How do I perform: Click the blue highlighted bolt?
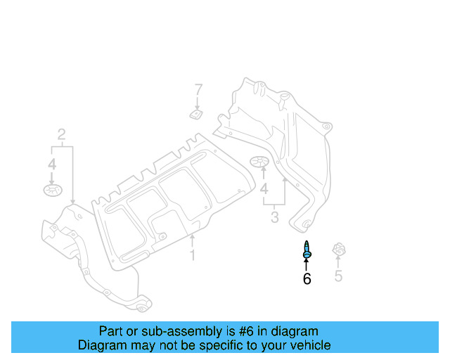(307, 249)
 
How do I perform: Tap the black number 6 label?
(307, 279)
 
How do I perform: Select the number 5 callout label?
(338, 276)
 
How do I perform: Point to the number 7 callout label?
(198, 90)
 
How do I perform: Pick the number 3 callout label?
(276, 217)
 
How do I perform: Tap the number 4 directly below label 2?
(51, 164)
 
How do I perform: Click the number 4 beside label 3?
(264, 190)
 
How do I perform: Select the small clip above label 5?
(339, 250)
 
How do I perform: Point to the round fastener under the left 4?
(51, 190)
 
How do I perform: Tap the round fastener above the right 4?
(261, 163)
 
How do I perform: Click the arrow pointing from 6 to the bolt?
(307, 264)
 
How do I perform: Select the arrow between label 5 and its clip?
(338, 263)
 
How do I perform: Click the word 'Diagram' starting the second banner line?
(101, 345)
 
